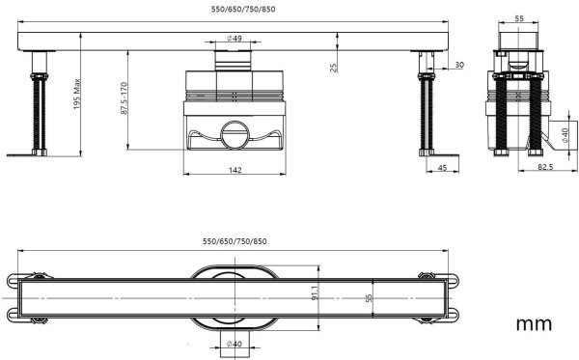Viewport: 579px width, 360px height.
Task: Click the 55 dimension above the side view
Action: [517, 18]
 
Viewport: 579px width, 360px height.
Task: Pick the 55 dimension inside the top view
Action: [368, 299]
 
